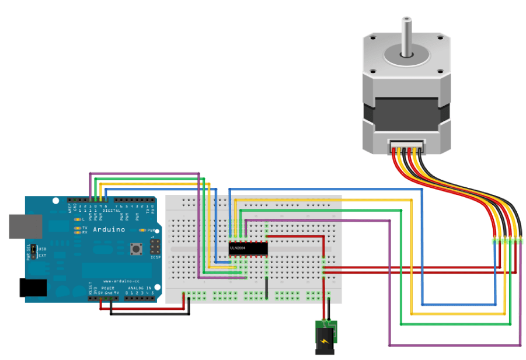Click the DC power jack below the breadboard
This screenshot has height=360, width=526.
point(325,338)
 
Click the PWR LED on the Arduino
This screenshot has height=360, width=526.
point(141,230)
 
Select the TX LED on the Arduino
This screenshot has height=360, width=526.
point(77,228)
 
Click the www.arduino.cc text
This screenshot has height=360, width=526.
point(121,281)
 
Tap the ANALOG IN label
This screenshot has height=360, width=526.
point(140,288)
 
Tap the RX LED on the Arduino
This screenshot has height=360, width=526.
point(77,232)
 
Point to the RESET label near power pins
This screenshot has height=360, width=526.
point(90,288)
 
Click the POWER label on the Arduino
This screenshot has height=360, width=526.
point(108,288)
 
